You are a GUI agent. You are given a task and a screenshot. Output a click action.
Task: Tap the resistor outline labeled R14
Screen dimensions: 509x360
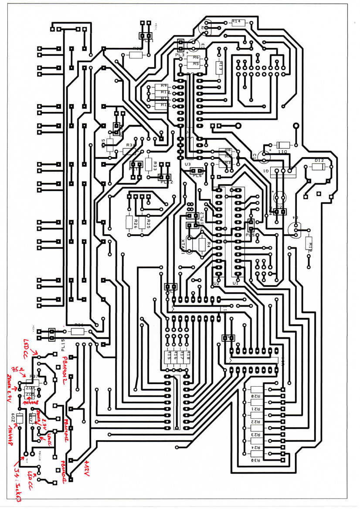238,23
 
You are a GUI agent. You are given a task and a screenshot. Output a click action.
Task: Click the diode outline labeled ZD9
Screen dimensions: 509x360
19,421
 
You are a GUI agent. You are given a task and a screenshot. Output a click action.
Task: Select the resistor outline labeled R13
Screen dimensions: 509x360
219,68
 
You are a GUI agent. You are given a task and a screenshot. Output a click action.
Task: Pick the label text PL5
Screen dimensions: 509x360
250,235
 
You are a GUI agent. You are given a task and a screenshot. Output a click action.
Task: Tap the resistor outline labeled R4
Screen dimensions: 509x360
202,244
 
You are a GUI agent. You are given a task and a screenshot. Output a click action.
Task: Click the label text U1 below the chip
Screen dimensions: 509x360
236,283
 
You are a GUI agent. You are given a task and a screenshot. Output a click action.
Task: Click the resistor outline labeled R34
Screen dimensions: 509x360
129,151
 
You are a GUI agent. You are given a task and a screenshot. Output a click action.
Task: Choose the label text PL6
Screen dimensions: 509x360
197,175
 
